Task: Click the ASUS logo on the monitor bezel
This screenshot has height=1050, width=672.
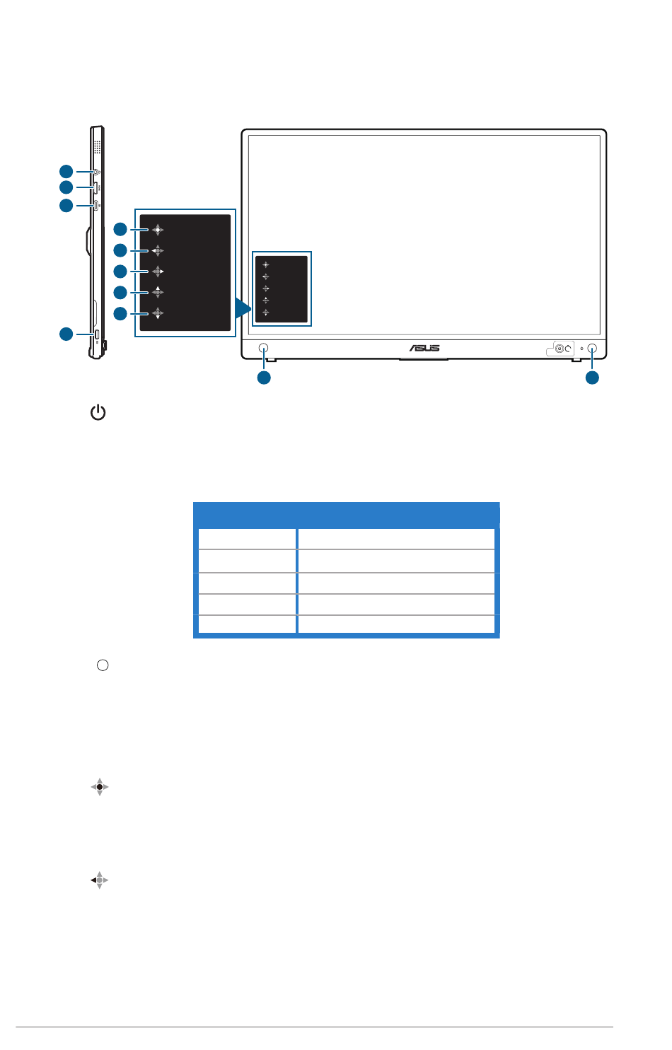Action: [x=424, y=348]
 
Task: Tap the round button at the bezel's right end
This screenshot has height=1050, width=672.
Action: [x=592, y=349]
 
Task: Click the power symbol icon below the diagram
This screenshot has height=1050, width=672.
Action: [x=98, y=412]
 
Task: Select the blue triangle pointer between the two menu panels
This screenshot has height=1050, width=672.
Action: [x=243, y=308]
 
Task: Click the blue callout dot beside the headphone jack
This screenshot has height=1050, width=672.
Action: [x=66, y=170]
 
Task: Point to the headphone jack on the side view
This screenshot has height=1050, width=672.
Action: [x=95, y=171]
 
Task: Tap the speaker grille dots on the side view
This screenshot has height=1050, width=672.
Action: [x=97, y=146]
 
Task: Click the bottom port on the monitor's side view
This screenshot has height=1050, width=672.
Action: [x=96, y=334]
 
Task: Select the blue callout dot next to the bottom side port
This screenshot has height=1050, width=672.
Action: [x=66, y=334]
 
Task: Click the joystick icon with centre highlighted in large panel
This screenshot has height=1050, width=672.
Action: [x=157, y=229]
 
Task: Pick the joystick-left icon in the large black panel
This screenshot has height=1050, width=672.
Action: [x=157, y=250]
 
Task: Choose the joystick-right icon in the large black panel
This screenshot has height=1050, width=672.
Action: [x=157, y=271]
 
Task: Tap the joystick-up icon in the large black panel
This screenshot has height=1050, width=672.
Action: [x=157, y=292]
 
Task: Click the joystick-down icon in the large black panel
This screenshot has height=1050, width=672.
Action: [x=157, y=313]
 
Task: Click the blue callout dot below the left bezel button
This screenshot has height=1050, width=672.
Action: [x=264, y=378]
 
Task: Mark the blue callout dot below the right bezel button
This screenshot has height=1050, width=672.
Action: [x=592, y=378]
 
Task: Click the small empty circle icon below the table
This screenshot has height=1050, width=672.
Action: [x=103, y=665]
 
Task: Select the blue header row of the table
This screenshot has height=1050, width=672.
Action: [x=346, y=515]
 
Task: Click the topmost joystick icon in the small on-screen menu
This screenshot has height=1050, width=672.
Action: [x=266, y=265]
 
